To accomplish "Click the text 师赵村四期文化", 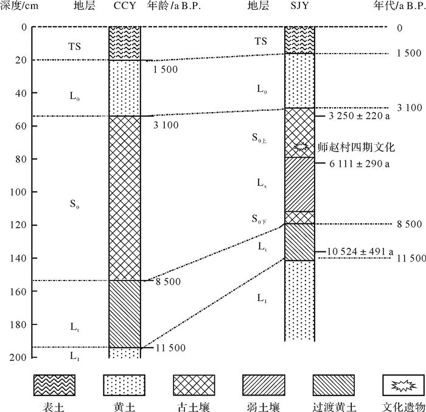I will pyautogui.click(x=357, y=147).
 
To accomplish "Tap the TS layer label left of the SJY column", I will pyautogui.click(x=260, y=41).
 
